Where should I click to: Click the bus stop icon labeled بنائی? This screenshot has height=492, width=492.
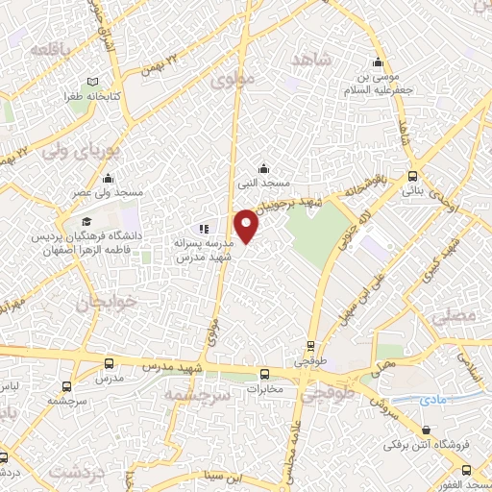412,176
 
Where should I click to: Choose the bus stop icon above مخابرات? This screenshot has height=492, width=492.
264,374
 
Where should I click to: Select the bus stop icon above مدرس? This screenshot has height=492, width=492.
108,364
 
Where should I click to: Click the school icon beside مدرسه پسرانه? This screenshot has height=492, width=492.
203,229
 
